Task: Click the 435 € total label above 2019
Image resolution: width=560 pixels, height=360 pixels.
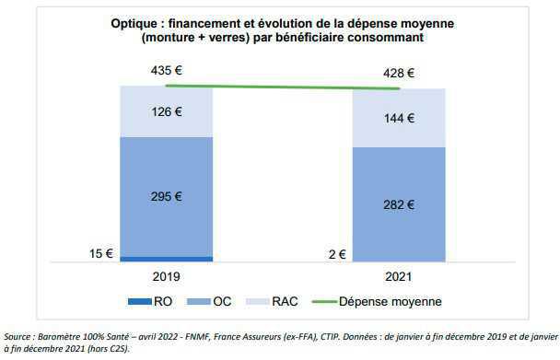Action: coord(166,71)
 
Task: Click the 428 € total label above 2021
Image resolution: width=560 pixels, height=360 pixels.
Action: coord(398,74)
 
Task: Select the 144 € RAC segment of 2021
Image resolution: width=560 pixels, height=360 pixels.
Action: coord(399,118)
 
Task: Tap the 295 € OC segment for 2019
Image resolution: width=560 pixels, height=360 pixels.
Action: coord(166,196)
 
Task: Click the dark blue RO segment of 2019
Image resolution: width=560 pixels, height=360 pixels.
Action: coord(166,259)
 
